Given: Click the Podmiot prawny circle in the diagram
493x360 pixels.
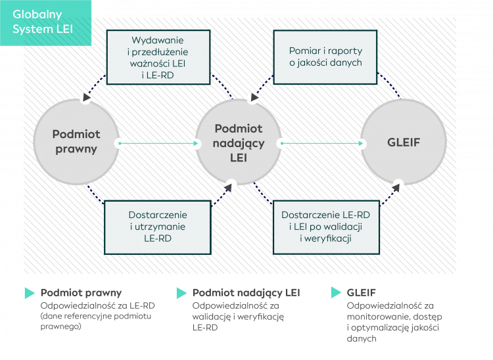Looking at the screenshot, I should click(x=76, y=142).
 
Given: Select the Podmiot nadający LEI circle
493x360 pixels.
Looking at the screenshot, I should click(x=239, y=142).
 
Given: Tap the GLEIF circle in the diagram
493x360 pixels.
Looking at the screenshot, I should click(x=403, y=142).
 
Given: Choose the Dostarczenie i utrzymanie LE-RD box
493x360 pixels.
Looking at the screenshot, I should click(x=158, y=227).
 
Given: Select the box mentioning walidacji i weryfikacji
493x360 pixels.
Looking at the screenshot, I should click(x=325, y=227).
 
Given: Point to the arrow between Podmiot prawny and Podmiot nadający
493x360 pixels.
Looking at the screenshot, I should click(x=158, y=143).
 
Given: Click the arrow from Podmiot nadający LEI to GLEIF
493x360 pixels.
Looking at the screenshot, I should click(x=322, y=143).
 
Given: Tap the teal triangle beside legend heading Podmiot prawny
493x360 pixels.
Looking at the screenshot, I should click(x=30, y=293).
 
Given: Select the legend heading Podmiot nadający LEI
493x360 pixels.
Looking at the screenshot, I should click(x=246, y=293).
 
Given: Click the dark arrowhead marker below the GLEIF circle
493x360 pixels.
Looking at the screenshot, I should click(x=398, y=185).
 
